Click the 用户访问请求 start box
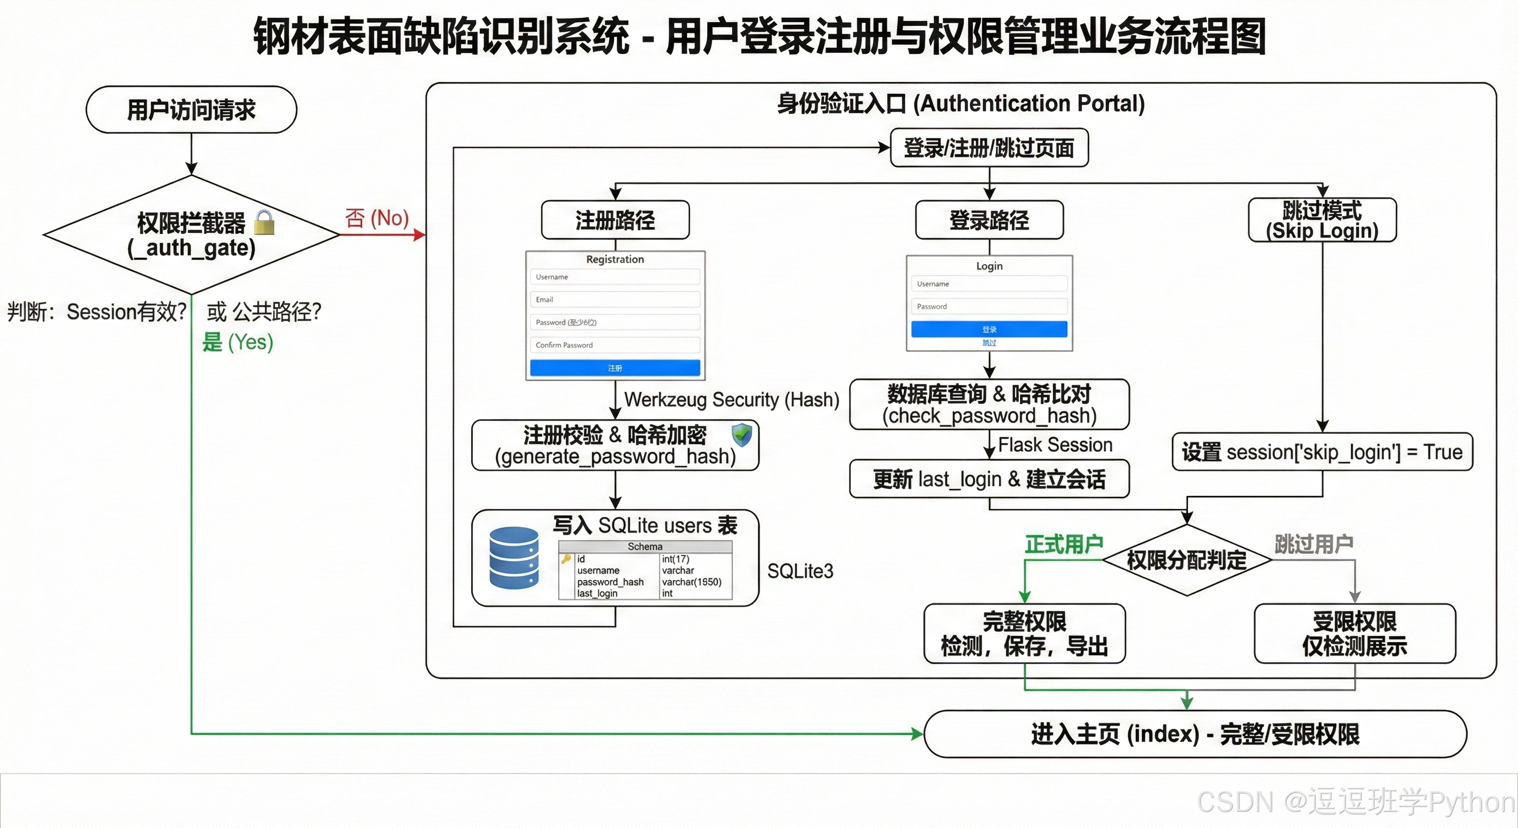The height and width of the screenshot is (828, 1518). click(x=191, y=109)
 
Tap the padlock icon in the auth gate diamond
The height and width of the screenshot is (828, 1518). click(x=264, y=222)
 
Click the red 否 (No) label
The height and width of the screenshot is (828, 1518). click(x=377, y=218)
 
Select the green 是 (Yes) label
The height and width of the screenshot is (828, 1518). click(x=238, y=342)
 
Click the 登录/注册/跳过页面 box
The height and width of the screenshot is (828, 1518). click(x=989, y=147)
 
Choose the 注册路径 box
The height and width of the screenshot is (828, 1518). click(x=615, y=220)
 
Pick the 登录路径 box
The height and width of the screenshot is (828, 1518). click(x=989, y=220)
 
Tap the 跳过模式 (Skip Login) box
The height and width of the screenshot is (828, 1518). click(x=1322, y=220)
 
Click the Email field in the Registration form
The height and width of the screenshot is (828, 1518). click(x=615, y=299)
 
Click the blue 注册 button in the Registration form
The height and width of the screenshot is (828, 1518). click(x=615, y=368)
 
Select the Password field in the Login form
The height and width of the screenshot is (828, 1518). click(x=989, y=306)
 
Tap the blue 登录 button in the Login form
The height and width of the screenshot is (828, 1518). click(x=989, y=329)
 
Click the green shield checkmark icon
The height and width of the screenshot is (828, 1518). click(x=741, y=436)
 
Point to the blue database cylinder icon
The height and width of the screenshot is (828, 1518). click(x=514, y=558)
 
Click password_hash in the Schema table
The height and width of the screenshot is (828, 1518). click(x=610, y=582)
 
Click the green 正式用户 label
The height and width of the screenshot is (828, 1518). click(x=1064, y=544)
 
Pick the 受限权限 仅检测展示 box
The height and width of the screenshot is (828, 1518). click(x=1354, y=633)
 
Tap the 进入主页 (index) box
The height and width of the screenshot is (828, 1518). click(x=1195, y=734)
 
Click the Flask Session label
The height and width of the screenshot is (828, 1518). click(x=1055, y=445)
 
